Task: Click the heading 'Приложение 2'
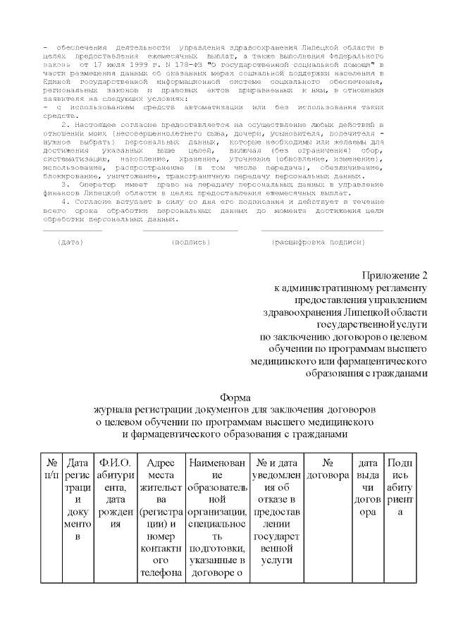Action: pyautogui.click(x=395, y=275)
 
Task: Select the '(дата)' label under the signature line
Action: pyautogui.click(x=70, y=242)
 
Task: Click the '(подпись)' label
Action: pyautogui.click(x=191, y=242)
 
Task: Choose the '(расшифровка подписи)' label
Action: pyautogui.click(x=319, y=242)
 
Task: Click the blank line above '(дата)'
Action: pyautogui.click(x=72, y=231)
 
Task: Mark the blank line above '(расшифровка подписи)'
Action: pyautogui.click(x=322, y=231)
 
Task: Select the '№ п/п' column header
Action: pyautogui.click(x=51, y=470)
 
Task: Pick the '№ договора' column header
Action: pyautogui.click(x=327, y=470)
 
